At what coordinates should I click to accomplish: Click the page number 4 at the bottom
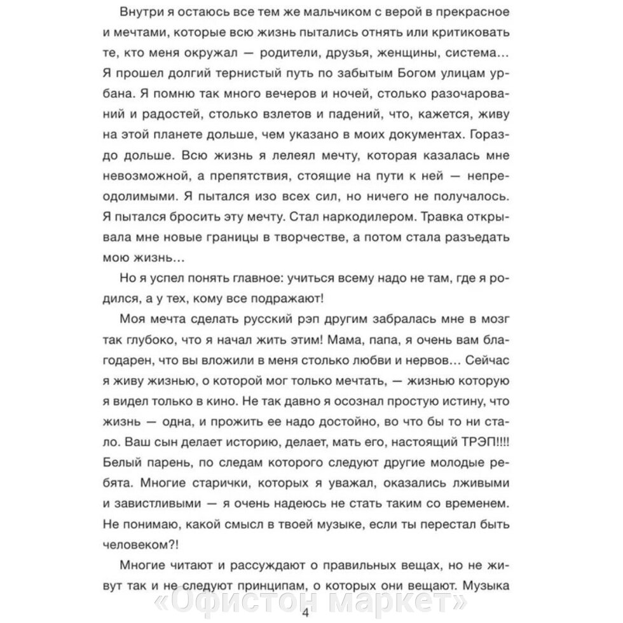(306, 613)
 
